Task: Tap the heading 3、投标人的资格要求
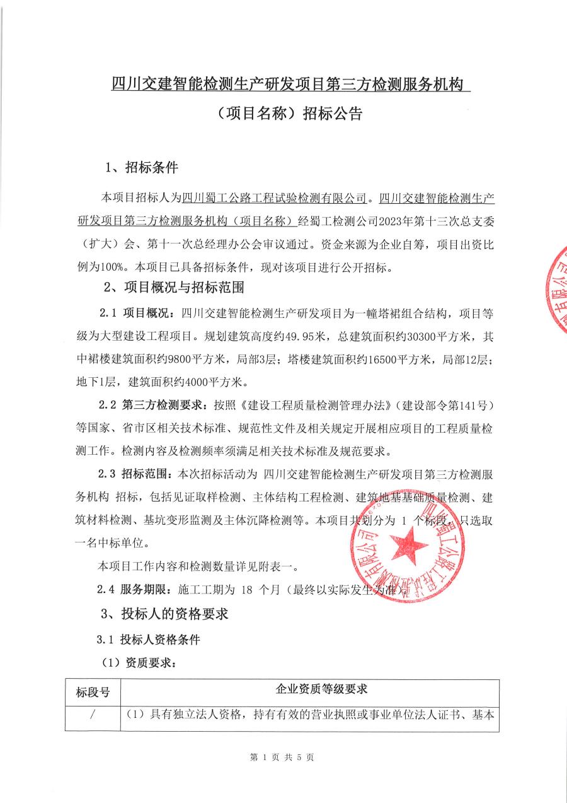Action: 164,613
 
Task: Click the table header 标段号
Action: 93,693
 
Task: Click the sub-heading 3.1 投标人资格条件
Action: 149,639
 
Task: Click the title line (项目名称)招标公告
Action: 286,114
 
